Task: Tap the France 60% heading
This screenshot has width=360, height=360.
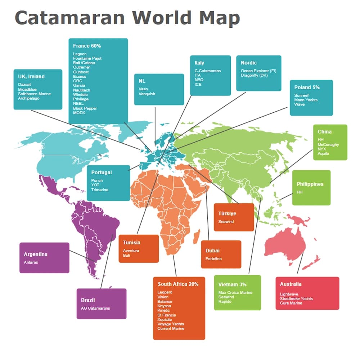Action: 87,46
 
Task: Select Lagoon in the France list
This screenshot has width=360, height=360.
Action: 80,54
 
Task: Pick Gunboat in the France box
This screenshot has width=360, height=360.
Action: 81,72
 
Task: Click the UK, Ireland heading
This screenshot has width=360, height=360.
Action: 31,77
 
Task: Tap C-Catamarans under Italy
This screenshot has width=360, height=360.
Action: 208,71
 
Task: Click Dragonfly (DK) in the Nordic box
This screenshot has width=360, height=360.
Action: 255,76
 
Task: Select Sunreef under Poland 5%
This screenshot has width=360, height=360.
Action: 301,95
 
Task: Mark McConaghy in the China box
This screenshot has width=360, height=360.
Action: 328,144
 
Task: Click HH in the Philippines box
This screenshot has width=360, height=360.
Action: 300,193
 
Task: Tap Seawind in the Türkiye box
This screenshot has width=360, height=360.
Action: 226,222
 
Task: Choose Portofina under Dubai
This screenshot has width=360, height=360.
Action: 213,259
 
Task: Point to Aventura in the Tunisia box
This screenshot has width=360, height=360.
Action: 131,251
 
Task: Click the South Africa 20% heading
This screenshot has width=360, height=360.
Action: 178,284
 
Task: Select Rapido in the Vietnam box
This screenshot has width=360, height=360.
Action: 225,301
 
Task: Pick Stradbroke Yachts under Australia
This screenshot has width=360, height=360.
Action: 296,298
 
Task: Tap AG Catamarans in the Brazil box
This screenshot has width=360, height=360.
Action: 95,308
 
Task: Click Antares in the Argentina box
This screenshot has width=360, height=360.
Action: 31,262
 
